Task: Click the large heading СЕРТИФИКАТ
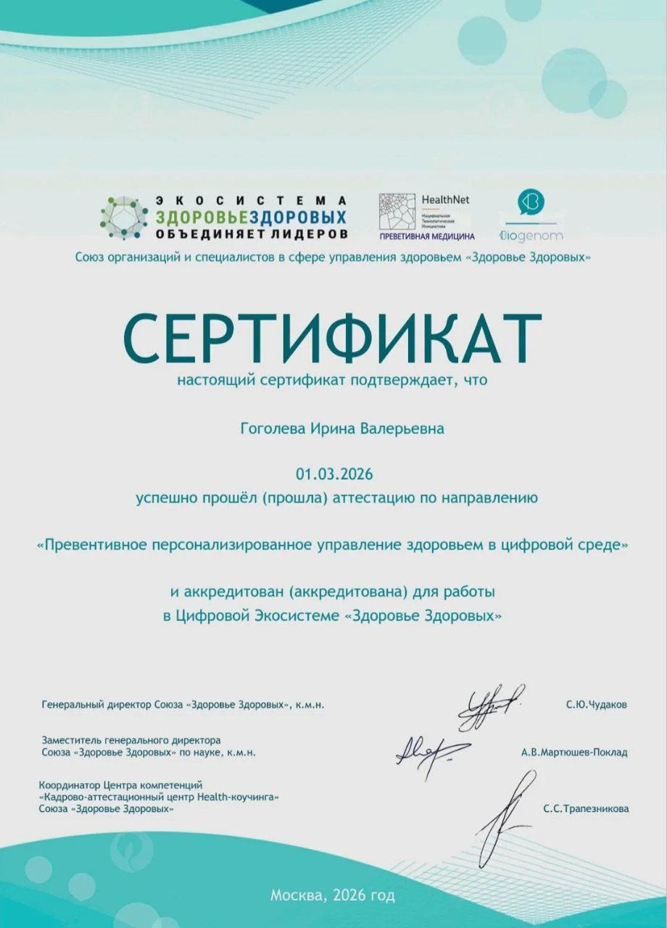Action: point(332,339)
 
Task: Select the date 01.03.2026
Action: point(333,475)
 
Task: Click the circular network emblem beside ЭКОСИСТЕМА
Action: point(124,217)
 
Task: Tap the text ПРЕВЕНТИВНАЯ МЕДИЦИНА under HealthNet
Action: point(427,236)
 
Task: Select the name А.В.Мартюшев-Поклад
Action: point(574,753)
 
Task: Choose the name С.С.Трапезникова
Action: point(586,808)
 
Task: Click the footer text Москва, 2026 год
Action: point(333,895)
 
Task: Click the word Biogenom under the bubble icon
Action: point(531,236)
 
